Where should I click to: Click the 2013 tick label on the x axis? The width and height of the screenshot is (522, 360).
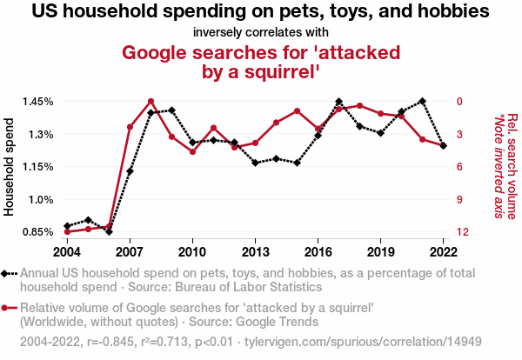(255, 251)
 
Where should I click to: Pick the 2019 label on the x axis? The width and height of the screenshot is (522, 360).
(380, 251)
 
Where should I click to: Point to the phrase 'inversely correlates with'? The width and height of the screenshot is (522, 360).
(261, 33)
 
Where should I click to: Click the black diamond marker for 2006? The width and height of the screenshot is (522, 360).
(109, 231)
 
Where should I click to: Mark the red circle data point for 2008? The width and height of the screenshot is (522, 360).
(151, 102)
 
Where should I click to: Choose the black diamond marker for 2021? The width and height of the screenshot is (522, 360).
(422, 101)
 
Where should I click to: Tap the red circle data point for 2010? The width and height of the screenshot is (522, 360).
(192, 152)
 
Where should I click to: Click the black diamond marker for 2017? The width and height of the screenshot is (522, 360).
(338, 102)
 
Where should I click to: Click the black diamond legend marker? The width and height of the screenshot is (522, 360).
(7, 273)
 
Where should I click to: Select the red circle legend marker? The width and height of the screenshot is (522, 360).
(7, 308)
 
